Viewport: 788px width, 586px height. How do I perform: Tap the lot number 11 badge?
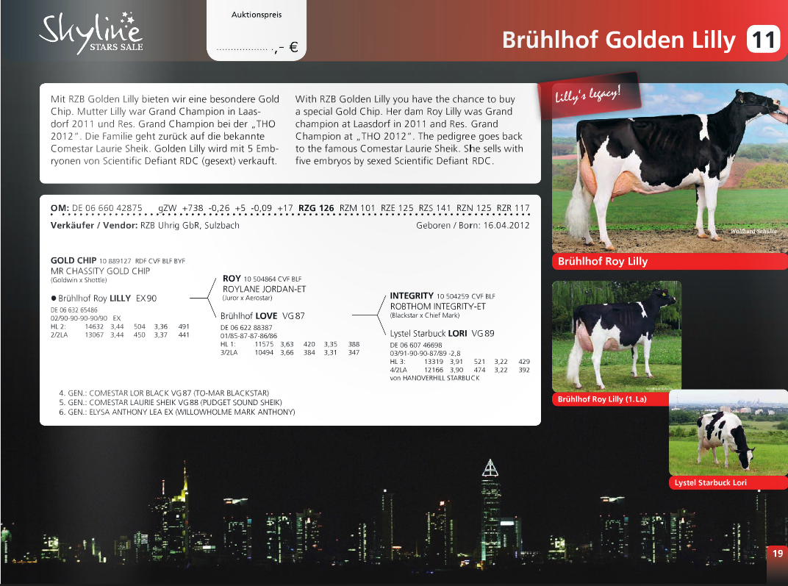click(x=763, y=40)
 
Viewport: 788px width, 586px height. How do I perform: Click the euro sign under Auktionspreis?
click(x=293, y=49)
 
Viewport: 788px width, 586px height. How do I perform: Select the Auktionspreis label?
click(x=257, y=15)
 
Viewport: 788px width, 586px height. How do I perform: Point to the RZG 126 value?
click(x=316, y=208)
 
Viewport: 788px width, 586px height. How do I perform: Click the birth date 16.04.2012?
click(x=506, y=225)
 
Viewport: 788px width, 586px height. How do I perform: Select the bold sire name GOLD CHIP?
click(x=73, y=260)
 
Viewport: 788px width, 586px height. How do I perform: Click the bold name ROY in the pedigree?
click(x=232, y=279)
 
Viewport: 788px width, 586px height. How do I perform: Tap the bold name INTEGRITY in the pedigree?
click(x=411, y=296)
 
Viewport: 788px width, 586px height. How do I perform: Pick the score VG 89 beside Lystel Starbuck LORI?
click(x=483, y=333)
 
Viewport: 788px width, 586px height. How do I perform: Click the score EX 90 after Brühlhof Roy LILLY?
click(x=146, y=299)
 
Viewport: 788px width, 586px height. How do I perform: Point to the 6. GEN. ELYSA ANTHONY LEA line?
click(x=176, y=412)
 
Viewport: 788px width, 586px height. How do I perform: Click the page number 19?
click(x=777, y=554)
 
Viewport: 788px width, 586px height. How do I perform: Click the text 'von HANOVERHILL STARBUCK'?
click(x=434, y=378)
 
